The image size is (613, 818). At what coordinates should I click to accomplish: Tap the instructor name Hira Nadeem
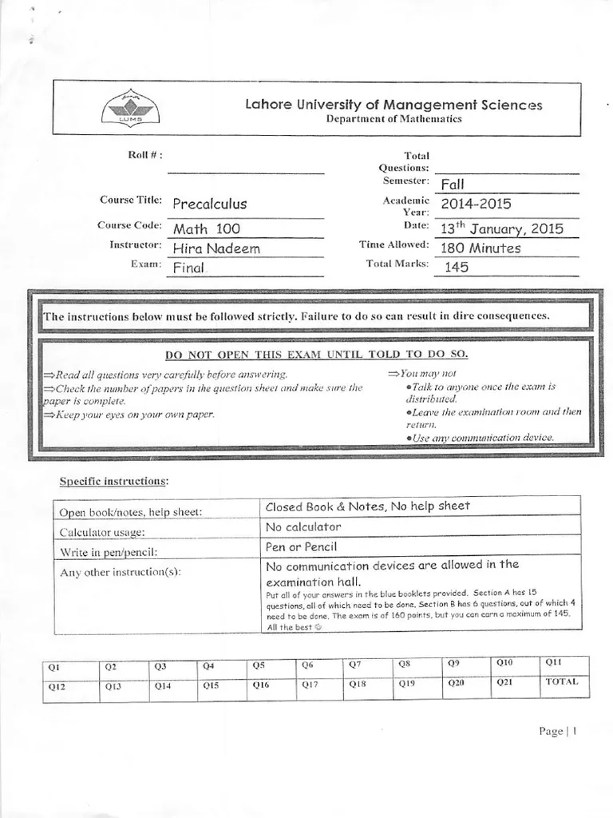216,248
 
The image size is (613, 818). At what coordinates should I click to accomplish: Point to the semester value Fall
453,185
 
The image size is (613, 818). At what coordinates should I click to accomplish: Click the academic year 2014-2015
476,204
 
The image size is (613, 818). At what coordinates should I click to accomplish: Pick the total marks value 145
457,268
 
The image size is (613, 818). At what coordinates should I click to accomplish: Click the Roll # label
146,155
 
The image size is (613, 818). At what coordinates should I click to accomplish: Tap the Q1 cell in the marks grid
71,666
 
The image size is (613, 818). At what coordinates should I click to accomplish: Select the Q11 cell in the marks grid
565,662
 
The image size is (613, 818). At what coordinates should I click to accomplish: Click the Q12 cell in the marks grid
71,686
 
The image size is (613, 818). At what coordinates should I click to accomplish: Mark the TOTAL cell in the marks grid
565,682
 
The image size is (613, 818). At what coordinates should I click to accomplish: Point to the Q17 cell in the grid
321,685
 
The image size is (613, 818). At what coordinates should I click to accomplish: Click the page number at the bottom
557,732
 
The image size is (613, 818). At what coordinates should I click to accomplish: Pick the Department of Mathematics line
394,119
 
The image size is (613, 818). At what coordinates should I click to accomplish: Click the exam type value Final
189,268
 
